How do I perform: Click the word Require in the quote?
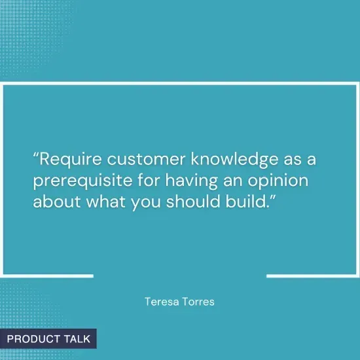(71, 159)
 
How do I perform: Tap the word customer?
(146, 159)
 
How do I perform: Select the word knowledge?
(234, 160)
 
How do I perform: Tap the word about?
(57, 202)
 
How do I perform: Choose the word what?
(106, 202)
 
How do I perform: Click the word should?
(193, 202)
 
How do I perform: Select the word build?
(247, 202)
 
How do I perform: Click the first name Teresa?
(162, 302)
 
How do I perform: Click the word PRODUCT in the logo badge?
(33, 339)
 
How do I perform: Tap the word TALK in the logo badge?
(77, 339)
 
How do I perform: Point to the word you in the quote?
(146, 202)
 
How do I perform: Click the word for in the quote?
(149, 180)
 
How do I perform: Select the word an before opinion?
(233, 181)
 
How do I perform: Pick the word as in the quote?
(293, 160)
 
